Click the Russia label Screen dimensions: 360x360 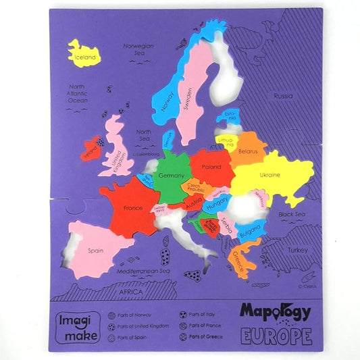click(283, 97)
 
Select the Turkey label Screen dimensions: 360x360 click(297, 249)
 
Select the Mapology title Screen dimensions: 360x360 click(275, 312)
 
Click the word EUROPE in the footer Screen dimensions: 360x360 click(276, 336)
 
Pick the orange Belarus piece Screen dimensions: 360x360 click(247, 151)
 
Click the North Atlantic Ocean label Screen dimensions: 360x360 click(77, 94)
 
